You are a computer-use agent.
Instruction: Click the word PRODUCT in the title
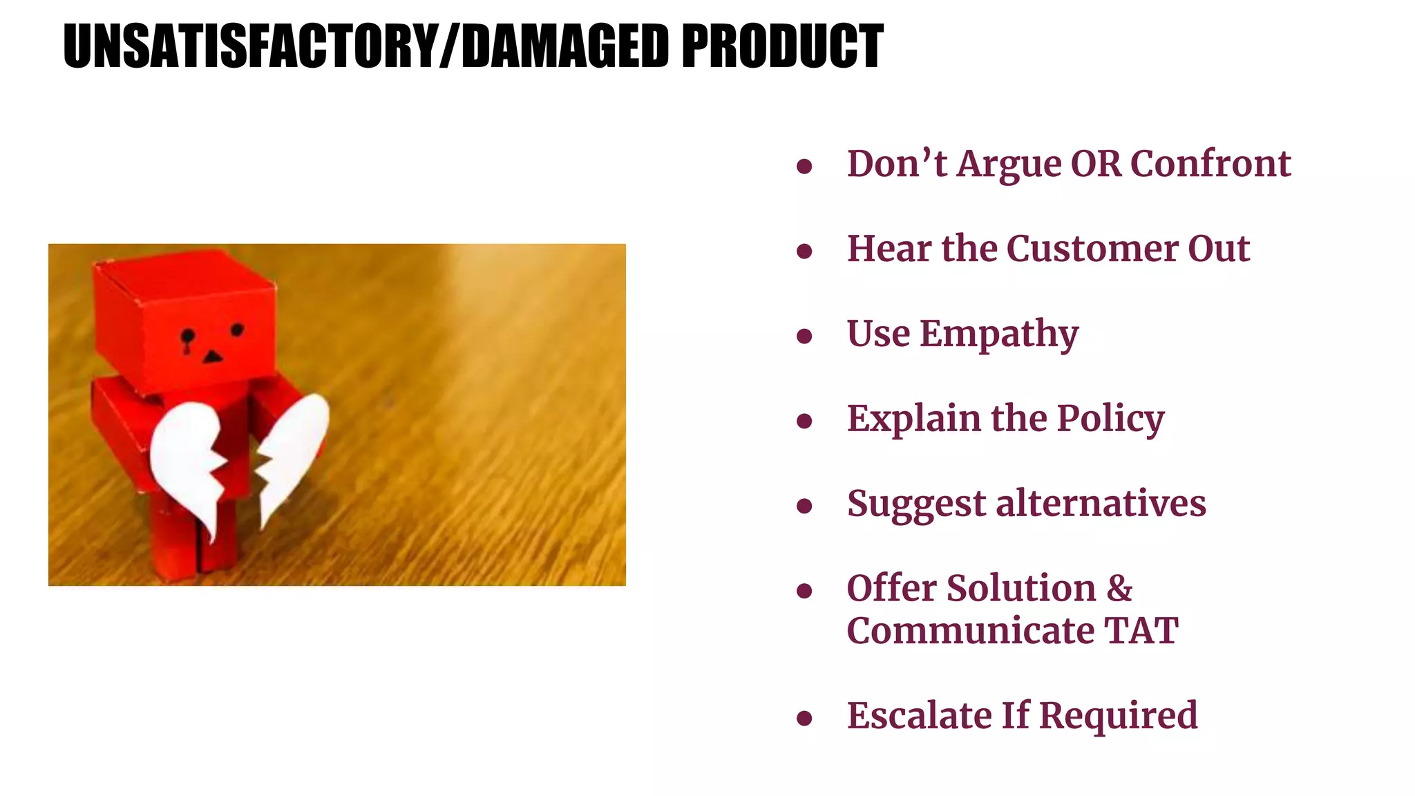[x=782, y=46]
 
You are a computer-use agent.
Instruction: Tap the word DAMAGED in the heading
[x=564, y=46]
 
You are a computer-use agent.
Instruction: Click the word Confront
[x=1210, y=164]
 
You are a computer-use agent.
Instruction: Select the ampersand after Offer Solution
[x=1119, y=589]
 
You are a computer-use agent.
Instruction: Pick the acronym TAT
[x=1141, y=631]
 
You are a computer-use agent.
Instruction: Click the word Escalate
[x=918, y=716]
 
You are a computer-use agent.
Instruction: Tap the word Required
[x=1118, y=716]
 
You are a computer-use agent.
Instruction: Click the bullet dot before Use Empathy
[x=804, y=337]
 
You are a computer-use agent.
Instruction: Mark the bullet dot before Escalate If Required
[x=804, y=719]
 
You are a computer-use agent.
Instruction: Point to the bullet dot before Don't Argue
[x=804, y=167]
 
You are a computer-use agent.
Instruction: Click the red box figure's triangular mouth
[x=212, y=357]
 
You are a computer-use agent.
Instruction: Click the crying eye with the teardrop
[x=187, y=338]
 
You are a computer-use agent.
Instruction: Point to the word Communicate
[x=970, y=631]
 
